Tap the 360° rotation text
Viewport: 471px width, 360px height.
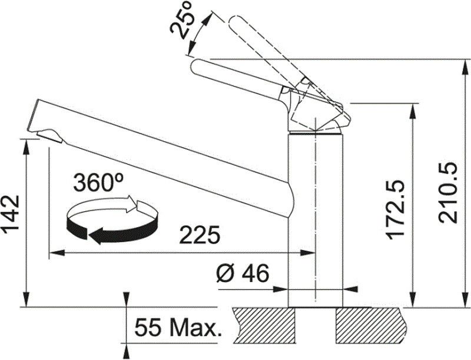click(98, 182)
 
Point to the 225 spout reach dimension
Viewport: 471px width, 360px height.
click(200, 235)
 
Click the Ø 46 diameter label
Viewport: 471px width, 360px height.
click(243, 274)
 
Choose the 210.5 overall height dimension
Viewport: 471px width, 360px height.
click(447, 193)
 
